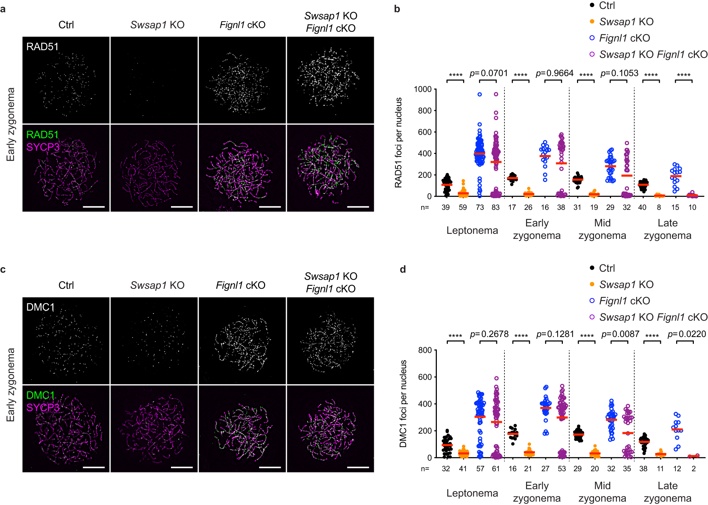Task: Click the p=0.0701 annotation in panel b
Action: (x=489, y=73)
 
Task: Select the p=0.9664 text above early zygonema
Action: (x=554, y=73)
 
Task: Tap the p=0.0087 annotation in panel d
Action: (x=620, y=334)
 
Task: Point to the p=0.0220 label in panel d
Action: (x=686, y=334)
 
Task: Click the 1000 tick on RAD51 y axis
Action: (x=423, y=89)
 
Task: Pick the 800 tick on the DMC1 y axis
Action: (x=425, y=350)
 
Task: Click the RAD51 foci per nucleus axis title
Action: (x=399, y=142)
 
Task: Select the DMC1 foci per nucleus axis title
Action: (x=403, y=403)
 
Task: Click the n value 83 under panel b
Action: (x=496, y=207)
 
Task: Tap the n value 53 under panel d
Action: (x=561, y=469)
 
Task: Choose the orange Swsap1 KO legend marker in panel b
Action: (x=592, y=22)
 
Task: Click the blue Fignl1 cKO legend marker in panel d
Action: (x=592, y=301)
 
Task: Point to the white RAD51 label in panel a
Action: (x=42, y=47)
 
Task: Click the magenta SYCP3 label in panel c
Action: (x=43, y=407)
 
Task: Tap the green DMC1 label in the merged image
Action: (x=40, y=395)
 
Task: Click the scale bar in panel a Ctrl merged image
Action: (x=94, y=207)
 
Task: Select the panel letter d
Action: (x=402, y=270)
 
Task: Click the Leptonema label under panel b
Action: (x=472, y=230)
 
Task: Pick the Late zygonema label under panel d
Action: (x=667, y=492)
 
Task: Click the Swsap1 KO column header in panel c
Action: (x=157, y=285)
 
